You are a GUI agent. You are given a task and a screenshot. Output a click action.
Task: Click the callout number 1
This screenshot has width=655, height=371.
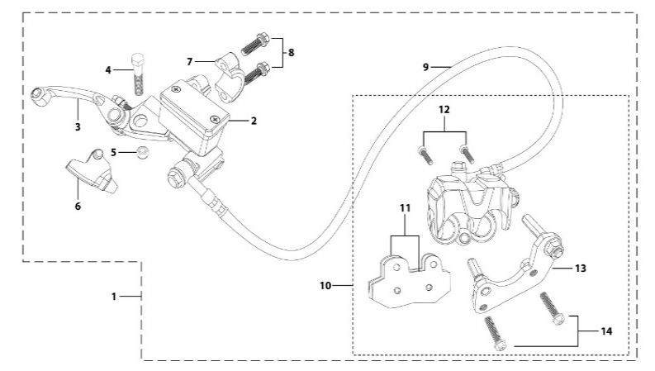(115, 295)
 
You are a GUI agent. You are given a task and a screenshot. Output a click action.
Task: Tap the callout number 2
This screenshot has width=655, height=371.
(254, 121)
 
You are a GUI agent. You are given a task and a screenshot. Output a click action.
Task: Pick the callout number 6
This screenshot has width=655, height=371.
(78, 207)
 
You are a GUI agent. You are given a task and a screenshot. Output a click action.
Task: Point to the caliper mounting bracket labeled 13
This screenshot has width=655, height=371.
(513, 277)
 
